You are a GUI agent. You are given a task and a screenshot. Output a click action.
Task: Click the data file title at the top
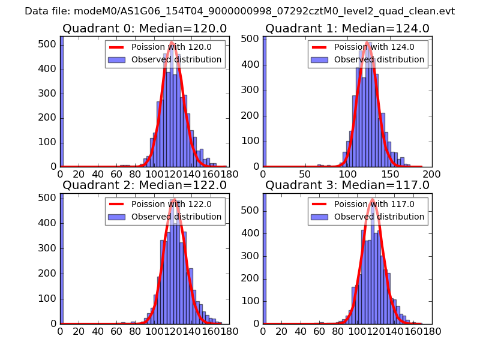pos(240,11)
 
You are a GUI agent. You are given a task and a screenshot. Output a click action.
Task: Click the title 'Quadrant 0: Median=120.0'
pos(144,28)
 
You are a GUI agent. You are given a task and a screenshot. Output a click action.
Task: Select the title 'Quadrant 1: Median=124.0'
pos(347,28)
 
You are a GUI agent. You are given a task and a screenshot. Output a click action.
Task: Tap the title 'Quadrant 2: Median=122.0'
pos(144,185)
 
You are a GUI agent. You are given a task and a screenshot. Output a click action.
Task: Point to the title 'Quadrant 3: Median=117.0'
pos(347,185)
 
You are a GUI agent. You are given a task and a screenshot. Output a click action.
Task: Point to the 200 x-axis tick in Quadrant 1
pos(431,173)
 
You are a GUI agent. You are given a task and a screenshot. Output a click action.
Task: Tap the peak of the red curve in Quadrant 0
pos(172,42)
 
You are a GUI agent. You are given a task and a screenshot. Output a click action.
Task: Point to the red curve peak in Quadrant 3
pos(372,199)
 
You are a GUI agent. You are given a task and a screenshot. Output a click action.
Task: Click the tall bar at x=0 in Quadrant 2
pos(62,258)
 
